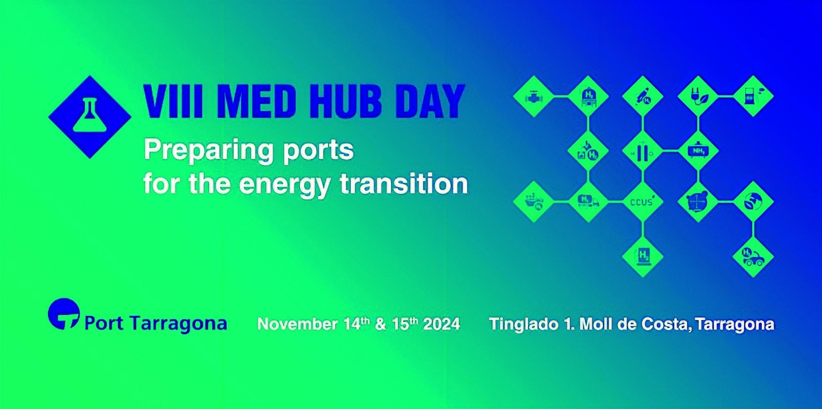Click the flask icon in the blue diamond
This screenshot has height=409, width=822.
(x=90, y=115)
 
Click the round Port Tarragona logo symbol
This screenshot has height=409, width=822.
(x=64, y=314)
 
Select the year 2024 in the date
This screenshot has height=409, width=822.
(x=441, y=324)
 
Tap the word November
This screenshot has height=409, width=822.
(x=297, y=324)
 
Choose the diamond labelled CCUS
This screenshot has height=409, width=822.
(x=643, y=201)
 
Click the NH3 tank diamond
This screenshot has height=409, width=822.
(x=698, y=151)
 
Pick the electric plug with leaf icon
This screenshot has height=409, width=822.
(x=698, y=97)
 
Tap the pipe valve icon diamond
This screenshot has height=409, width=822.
(x=533, y=97)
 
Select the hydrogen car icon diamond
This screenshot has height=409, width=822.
(x=753, y=257)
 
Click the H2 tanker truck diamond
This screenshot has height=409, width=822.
(x=588, y=201)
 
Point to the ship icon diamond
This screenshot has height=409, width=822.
(x=533, y=201)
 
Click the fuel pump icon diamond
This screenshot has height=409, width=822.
(x=753, y=96)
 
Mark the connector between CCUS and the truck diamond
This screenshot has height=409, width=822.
(x=616, y=201)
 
